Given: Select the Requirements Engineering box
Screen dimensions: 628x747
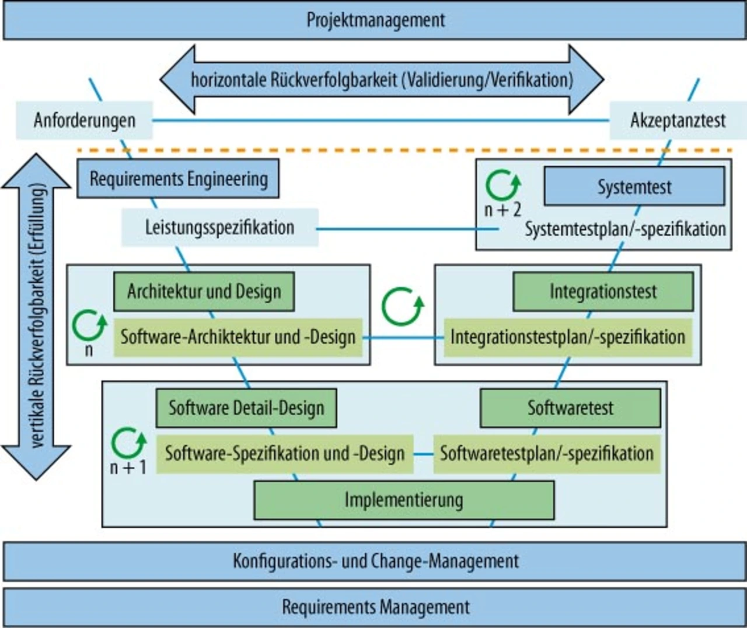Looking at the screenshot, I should point(178,178).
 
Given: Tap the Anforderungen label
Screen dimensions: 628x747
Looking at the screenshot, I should point(84,120).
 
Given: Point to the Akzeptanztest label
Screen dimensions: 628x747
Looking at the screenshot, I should point(678,120).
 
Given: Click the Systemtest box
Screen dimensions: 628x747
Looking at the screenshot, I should point(634,187).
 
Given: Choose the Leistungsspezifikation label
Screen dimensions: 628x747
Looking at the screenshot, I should point(219,227).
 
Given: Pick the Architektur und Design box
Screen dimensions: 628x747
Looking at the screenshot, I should point(204,291).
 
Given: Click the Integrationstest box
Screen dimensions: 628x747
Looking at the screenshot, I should point(603,292).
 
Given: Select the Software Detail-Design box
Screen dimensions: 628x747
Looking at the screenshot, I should point(246,408).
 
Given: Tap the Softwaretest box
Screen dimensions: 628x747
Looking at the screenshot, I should point(570,408).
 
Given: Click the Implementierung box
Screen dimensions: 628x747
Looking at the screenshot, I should point(404,500).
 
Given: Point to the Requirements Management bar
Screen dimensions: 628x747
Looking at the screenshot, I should point(375,607).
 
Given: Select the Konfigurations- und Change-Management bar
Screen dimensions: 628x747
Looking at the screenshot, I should point(375,562).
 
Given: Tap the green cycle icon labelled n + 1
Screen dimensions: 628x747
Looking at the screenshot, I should point(128,444).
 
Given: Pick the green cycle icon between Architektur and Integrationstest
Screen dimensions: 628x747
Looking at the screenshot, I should point(402,306).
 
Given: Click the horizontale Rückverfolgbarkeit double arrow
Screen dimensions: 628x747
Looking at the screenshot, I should point(382,79).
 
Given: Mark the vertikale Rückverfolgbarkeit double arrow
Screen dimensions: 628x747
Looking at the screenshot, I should point(36,317).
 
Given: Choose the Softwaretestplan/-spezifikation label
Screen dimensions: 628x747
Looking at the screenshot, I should point(546,454).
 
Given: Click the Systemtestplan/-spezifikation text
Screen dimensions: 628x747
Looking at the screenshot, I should point(624,229).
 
